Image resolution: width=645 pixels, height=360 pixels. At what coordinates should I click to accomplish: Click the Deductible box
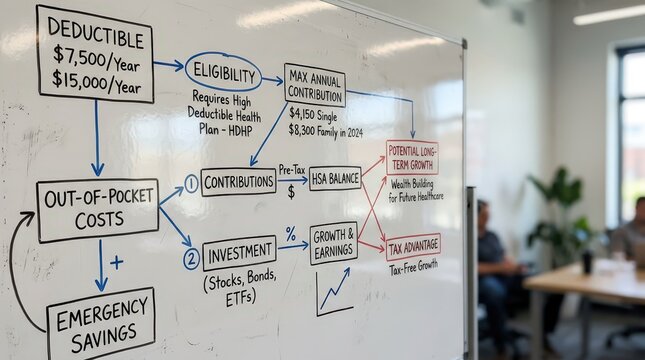click(96, 53)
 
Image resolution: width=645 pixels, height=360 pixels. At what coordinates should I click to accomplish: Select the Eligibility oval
click(223, 72)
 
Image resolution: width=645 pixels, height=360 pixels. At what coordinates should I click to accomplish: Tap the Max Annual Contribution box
click(314, 85)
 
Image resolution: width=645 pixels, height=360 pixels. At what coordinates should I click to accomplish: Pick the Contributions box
click(238, 181)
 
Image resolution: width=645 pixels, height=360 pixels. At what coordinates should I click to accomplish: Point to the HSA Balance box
click(335, 178)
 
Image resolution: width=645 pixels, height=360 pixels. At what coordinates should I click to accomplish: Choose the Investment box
click(239, 253)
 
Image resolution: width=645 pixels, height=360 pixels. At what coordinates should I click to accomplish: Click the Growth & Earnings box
click(333, 243)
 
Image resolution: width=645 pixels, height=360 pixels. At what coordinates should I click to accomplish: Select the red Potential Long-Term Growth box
click(412, 157)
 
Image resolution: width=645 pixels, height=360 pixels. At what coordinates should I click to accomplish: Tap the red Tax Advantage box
click(413, 246)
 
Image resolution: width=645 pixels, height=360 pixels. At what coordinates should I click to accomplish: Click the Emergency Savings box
click(101, 324)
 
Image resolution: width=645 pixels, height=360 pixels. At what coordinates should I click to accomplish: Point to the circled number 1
click(191, 184)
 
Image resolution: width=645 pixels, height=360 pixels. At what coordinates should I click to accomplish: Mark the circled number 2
click(191, 259)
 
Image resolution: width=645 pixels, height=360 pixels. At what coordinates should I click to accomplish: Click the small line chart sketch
click(334, 291)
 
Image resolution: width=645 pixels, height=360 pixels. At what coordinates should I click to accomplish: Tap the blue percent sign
click(291, 233)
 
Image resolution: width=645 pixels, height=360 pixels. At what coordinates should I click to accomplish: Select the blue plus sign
click(117, 262)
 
